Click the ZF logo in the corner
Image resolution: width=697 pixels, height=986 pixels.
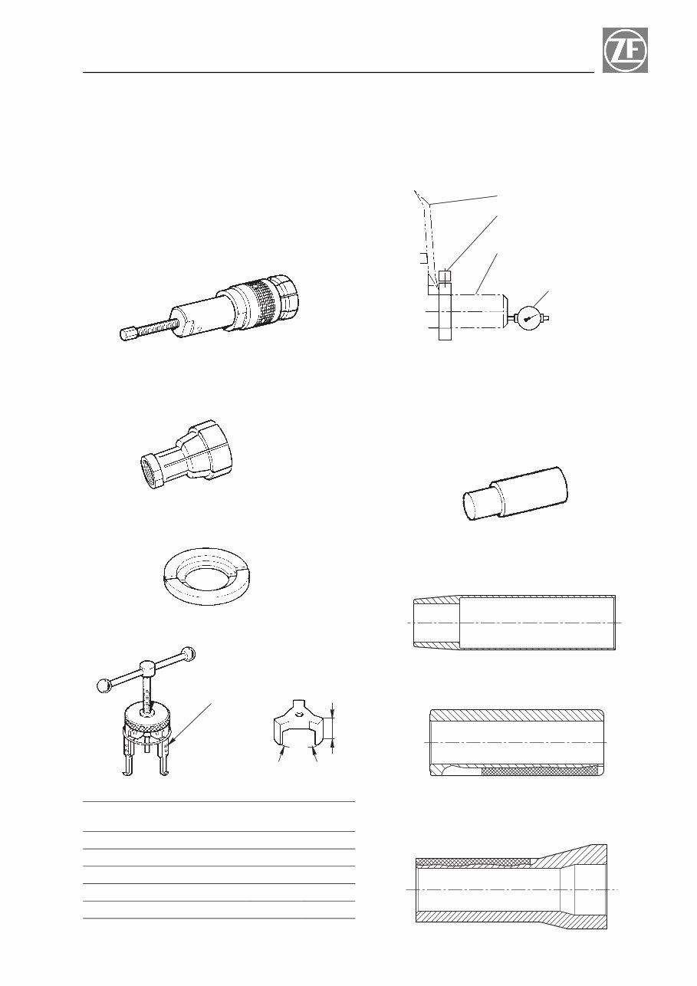(x=625, y=50)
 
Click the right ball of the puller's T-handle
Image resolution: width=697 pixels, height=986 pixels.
(x=189, y=653)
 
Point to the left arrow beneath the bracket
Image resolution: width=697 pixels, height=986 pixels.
(x=281, y=755)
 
